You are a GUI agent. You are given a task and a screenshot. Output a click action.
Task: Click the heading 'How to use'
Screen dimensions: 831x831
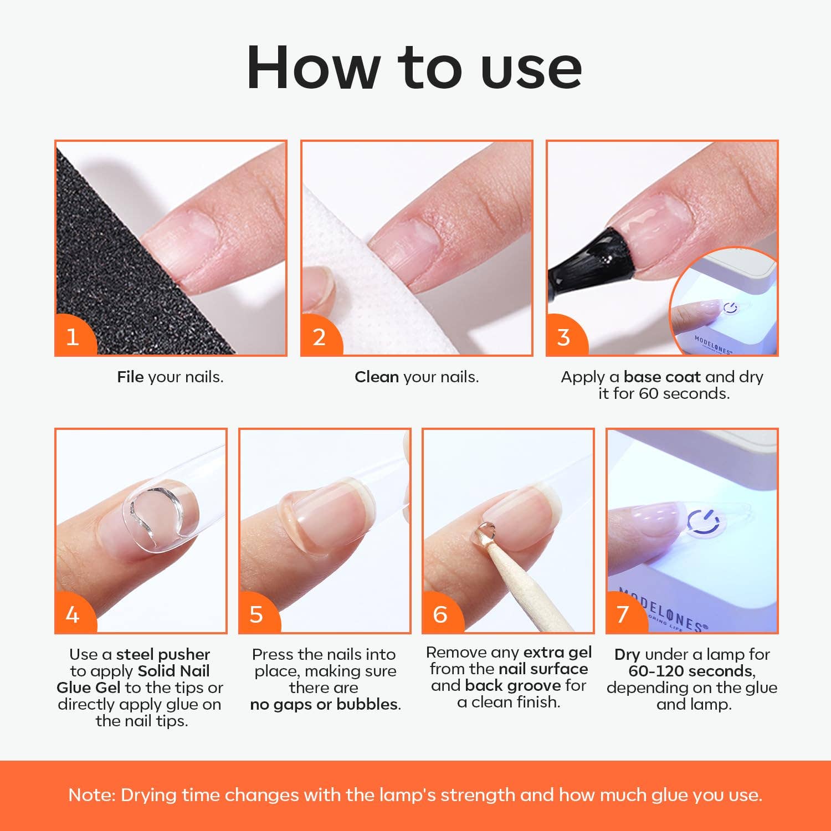coord(414,68)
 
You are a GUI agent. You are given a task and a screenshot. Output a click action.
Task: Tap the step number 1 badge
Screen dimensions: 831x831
coord(73,337)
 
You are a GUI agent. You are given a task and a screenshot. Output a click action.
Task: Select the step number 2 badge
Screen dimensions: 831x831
coord(319,337)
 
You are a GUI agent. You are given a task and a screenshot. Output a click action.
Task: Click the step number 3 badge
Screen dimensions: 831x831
coord(563,337)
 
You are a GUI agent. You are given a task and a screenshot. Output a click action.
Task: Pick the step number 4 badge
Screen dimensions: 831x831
coord(73,614)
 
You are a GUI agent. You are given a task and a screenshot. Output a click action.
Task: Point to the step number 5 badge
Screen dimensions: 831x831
coord(256,614)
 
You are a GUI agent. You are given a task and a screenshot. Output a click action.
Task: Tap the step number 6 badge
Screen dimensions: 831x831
coord(440,614)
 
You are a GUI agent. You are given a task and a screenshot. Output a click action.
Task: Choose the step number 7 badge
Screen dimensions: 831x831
coord(623,614)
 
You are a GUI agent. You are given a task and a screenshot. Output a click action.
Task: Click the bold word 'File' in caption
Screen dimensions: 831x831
coord(130,377)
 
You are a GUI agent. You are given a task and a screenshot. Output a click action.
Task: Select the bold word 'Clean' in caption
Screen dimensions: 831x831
coord(377,377)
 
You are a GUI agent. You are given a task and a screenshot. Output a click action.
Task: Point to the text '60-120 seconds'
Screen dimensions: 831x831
coord(691,671)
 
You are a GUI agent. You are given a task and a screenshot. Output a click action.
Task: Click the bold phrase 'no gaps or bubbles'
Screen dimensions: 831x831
coord(324,705)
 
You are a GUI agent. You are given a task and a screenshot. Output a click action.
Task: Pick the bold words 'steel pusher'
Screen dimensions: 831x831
coord(163,655)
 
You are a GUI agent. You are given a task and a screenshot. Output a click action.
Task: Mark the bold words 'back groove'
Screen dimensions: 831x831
coord(513,686)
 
